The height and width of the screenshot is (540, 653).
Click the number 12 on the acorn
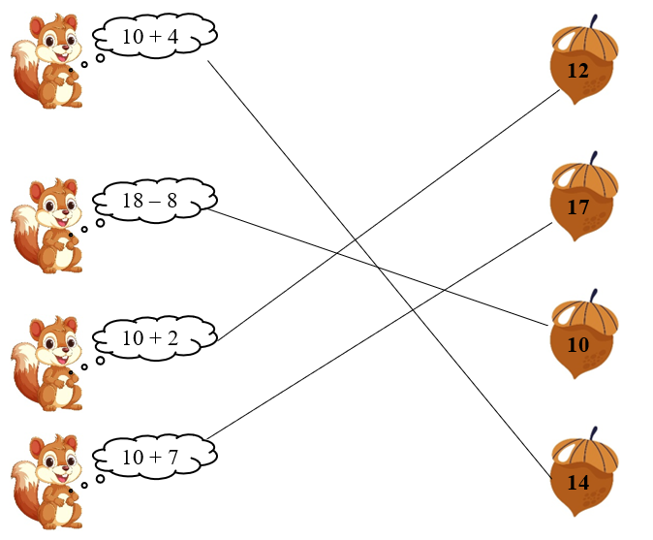[577, 71]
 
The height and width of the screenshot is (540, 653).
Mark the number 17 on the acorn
[578, 206]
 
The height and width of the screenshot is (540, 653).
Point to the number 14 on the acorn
[578, 482]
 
